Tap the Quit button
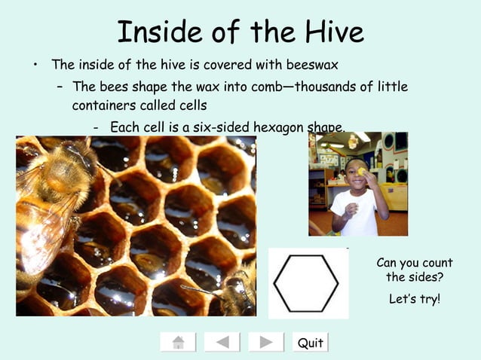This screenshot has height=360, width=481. tap(310, 343)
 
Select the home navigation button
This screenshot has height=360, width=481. tap(178, 343)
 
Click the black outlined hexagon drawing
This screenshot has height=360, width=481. tap(306, 282)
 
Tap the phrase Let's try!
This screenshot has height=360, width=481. tap(415, 299)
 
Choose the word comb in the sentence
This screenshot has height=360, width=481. tap(275, 86)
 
